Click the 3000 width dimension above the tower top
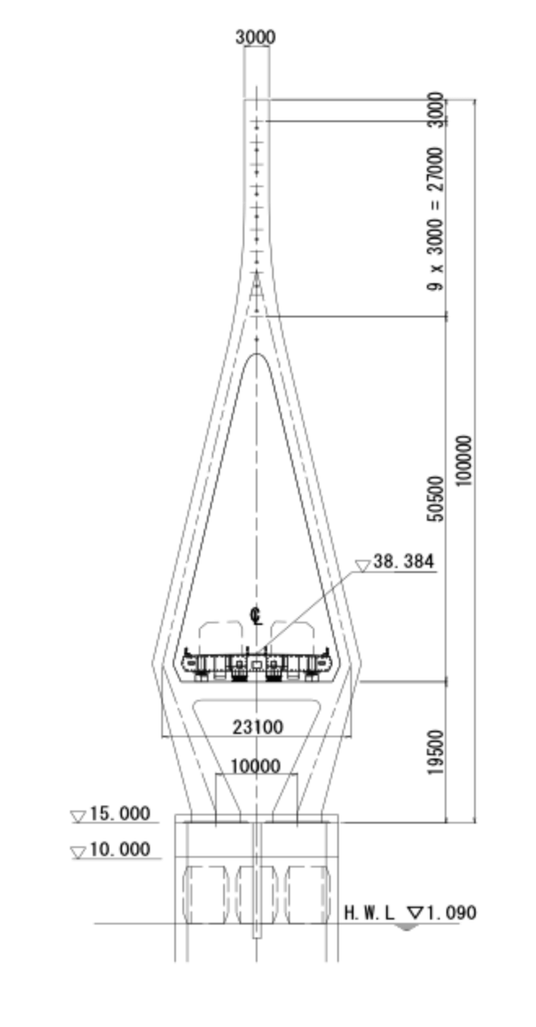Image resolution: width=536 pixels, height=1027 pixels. [256, 37]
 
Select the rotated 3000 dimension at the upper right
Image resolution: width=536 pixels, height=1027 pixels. [436, 110]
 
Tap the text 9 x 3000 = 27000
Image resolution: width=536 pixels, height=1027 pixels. [436, 219]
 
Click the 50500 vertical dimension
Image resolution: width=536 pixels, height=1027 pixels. [436, 499]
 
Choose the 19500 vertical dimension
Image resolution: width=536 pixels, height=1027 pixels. [436, 753]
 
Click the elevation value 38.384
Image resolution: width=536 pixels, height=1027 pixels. [403, 562]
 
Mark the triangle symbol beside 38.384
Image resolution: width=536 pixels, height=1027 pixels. [362, 566]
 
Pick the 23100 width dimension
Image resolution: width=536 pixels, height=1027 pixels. [257, 728]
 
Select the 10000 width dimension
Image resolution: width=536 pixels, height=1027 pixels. [255, 766]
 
